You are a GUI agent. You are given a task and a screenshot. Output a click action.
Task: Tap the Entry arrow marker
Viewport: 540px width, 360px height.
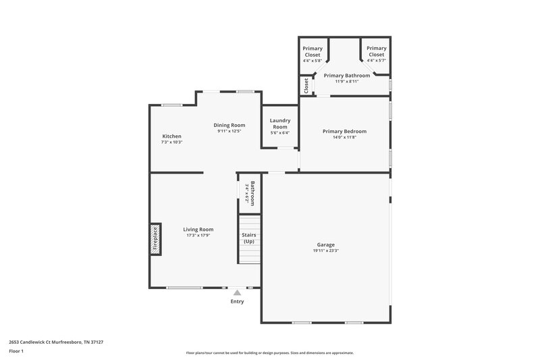pos(237,292)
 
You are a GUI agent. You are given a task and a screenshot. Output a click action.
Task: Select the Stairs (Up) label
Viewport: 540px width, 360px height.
pos(249,238)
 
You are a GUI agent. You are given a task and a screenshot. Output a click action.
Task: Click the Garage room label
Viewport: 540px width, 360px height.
pos(326,245)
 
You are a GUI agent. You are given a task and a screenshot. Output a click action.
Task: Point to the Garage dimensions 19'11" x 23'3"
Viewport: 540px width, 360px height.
pos(326,251)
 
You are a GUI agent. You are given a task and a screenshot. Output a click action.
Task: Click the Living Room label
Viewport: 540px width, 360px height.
pos(198,230)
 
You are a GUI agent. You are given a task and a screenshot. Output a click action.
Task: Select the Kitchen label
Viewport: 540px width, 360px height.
pos(171,136)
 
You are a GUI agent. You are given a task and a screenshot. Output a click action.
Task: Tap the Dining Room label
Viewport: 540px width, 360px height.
pos(230,125)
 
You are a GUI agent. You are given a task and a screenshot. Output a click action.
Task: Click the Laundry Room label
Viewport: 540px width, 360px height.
pos(280,124)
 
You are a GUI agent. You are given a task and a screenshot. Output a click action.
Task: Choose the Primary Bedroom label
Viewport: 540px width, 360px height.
pos(344,131)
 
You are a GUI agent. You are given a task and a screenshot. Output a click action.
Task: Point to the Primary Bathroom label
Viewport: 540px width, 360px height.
pos(347,76)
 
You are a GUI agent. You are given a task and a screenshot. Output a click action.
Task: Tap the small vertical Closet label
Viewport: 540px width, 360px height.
pos(306,86)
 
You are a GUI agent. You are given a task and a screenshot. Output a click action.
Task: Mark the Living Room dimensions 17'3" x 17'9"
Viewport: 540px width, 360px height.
pos(198,236)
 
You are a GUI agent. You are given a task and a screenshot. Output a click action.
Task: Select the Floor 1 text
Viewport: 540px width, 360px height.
pos(16,351)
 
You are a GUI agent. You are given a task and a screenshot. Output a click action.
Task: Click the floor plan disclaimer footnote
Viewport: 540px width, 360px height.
pos(270,353)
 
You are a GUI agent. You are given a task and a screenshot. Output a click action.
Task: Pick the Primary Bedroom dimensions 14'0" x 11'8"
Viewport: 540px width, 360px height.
pos(344,137)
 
